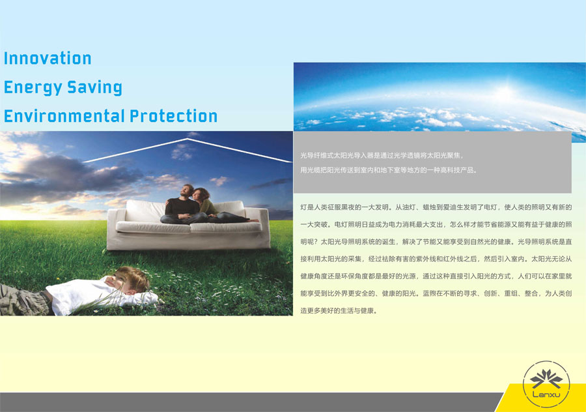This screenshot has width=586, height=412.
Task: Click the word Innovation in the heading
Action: click(48, 59)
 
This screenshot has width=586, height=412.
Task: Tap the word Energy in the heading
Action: click(33, 87)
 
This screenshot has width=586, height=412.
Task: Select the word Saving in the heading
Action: click(94, 87)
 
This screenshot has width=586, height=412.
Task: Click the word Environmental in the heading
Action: click(64, 116)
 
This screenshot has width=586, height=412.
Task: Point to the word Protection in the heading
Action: click(173, 116)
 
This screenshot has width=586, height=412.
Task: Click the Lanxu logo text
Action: click(546, 394)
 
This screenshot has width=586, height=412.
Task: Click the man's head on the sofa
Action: click(186, 191)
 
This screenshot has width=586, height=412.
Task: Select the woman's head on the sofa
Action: click(201, 194)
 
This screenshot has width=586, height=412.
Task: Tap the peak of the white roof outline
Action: click(188, 139)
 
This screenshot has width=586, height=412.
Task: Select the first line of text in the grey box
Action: click(382, 155)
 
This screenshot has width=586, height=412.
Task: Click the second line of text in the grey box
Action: click(389, 170)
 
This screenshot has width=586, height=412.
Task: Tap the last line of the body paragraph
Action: click(339, 310)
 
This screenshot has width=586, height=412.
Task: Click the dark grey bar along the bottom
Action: click(251, 402)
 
